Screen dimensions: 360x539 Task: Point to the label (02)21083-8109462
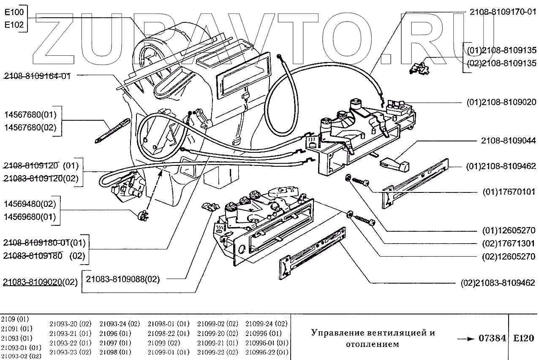tap(498, 283)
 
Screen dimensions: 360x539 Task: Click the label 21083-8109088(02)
tap(123, 279)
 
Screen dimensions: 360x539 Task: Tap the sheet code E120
tap(523, 338)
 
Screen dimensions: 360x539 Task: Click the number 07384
tap(493, 338)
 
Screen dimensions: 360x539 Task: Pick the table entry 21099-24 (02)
tap(266, 324)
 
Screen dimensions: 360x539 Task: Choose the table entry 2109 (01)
tap(15, 319)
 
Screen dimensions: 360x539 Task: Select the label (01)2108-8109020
tap(501, 102)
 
